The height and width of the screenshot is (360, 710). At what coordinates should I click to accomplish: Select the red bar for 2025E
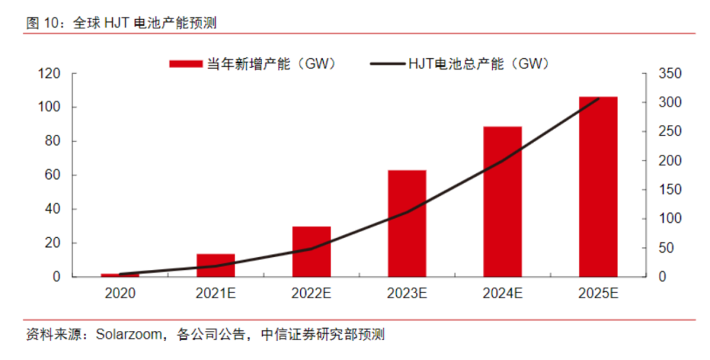coord(598,186)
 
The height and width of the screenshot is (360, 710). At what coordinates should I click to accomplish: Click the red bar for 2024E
coord(503,202)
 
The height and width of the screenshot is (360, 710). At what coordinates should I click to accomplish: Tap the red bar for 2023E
coord(407,223)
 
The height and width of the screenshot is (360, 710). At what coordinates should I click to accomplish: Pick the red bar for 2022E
coord(312,251)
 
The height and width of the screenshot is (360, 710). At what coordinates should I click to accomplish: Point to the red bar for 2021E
coord(216,265)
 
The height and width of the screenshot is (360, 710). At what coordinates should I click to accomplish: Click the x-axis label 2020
coord(119,292)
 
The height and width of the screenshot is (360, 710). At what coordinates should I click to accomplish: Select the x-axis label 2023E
coord(407,292)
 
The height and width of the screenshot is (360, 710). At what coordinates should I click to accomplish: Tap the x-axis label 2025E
coord(598,292)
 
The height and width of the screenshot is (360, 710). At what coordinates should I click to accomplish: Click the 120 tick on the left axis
coord(50,74)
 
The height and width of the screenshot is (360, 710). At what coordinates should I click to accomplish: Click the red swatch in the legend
coord(187,64)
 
